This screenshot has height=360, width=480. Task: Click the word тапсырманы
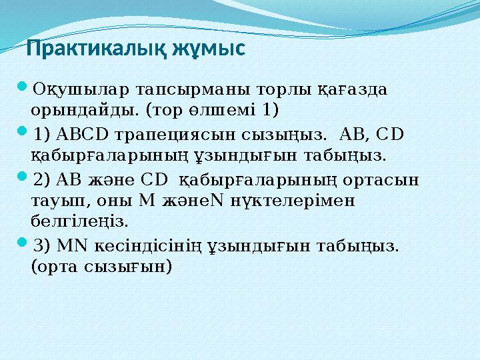tap(173, 89)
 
